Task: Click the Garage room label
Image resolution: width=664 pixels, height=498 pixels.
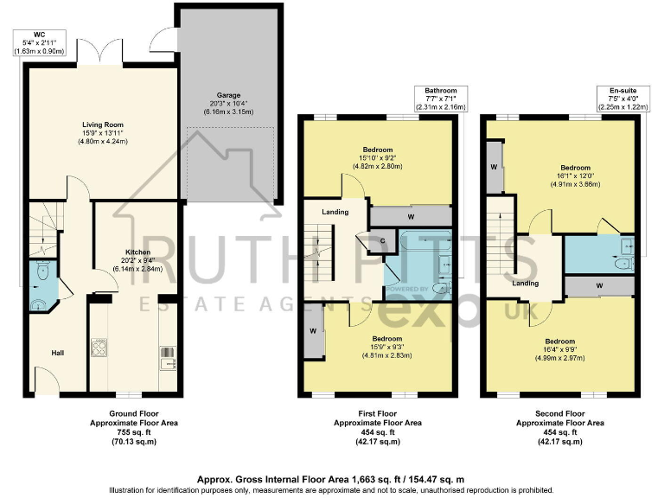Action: tap(229, 95)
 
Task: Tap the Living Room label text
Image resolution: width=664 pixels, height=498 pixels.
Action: tap(100, 124)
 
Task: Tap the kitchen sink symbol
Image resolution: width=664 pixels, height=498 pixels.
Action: tap(166, 354)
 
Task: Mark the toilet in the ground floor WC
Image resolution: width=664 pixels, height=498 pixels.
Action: tap(41, 303)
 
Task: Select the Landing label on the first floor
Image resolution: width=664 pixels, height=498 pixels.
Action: tap(335, 212)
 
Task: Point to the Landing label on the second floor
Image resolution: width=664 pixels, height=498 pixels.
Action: tap(525, 283)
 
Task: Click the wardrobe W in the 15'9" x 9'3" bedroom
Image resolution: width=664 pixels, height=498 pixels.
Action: tap(312, 330)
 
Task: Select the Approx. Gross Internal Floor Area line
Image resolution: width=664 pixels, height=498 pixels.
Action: tap(331, 478)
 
